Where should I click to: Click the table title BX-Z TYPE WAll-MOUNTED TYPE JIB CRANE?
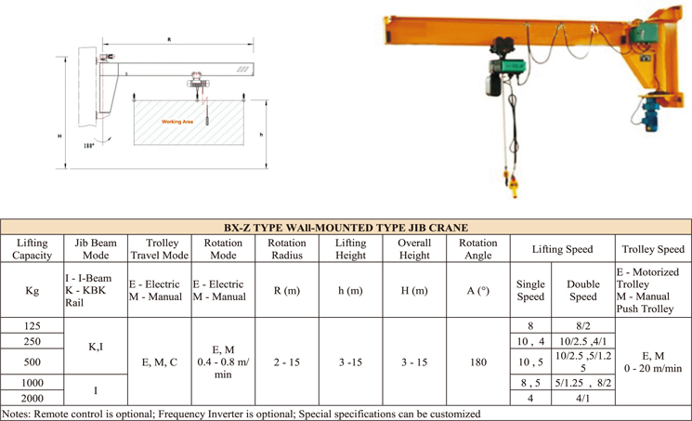pyautogui.click(x=346, y=227)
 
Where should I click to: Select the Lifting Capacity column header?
pyautogui.click(x=33, y=249)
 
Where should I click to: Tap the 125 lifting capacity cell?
pyautogui.click(x=33, y=326)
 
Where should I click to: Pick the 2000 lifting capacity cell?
pyautogui.click(x=33, y=398)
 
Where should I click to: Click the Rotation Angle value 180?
pyautogui.click(x=477, y=362)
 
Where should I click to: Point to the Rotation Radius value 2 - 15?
pyautogui.click(x=286, y=362)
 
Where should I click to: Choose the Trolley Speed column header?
pyautogui.click(x=653, y=249)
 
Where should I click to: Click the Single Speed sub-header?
pyautogui.click(x=530, y=290)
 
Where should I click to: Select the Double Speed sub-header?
pyautogui.click(x=582, y=290)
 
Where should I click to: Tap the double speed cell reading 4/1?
pyautogui.click(x=582, y=398)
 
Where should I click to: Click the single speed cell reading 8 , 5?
pyautogui.click(x=530, y=382)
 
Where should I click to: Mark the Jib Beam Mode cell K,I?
pyautogui.click(x=95, y=346)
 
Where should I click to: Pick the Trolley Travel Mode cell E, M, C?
pyautogui.click(x=159, y=362)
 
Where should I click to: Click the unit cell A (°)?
pyautogui.click(x=477, y=290)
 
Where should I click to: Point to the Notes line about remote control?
pyautogui.click(x=242, y=414)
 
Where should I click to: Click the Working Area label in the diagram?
pyautogui.click(x=177, y=122)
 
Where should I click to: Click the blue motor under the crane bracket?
pyautogui.click(x=650, y=116)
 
